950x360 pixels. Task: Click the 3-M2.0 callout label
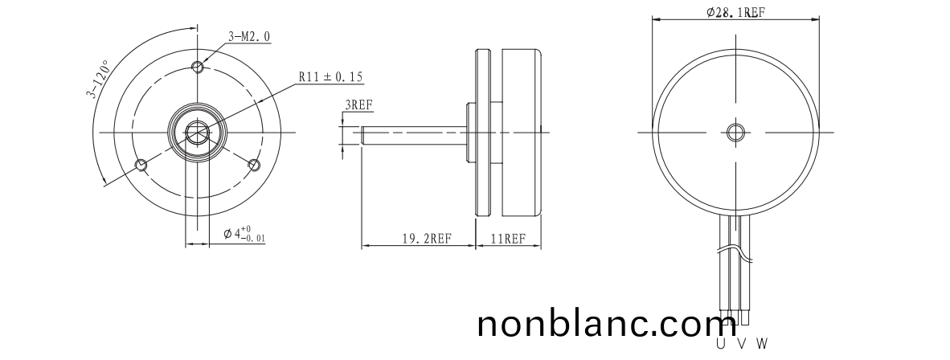click(x=249, y=36)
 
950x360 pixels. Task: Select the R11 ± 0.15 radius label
click(x=331, y=77)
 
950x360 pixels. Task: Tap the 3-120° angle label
click(x=98, y=79)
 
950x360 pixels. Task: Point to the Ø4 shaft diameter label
click(x=244, y=233)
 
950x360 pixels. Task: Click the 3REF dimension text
click(x=358, y=104)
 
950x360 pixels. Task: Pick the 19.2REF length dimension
click(x=427, y=238)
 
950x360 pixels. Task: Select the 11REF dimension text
click(x=508, y=238)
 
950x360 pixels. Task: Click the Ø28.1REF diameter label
click(x=735, y=12)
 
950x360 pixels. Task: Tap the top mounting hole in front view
click(x=198, y=66)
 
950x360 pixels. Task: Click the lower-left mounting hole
click(x=141, y=164)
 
